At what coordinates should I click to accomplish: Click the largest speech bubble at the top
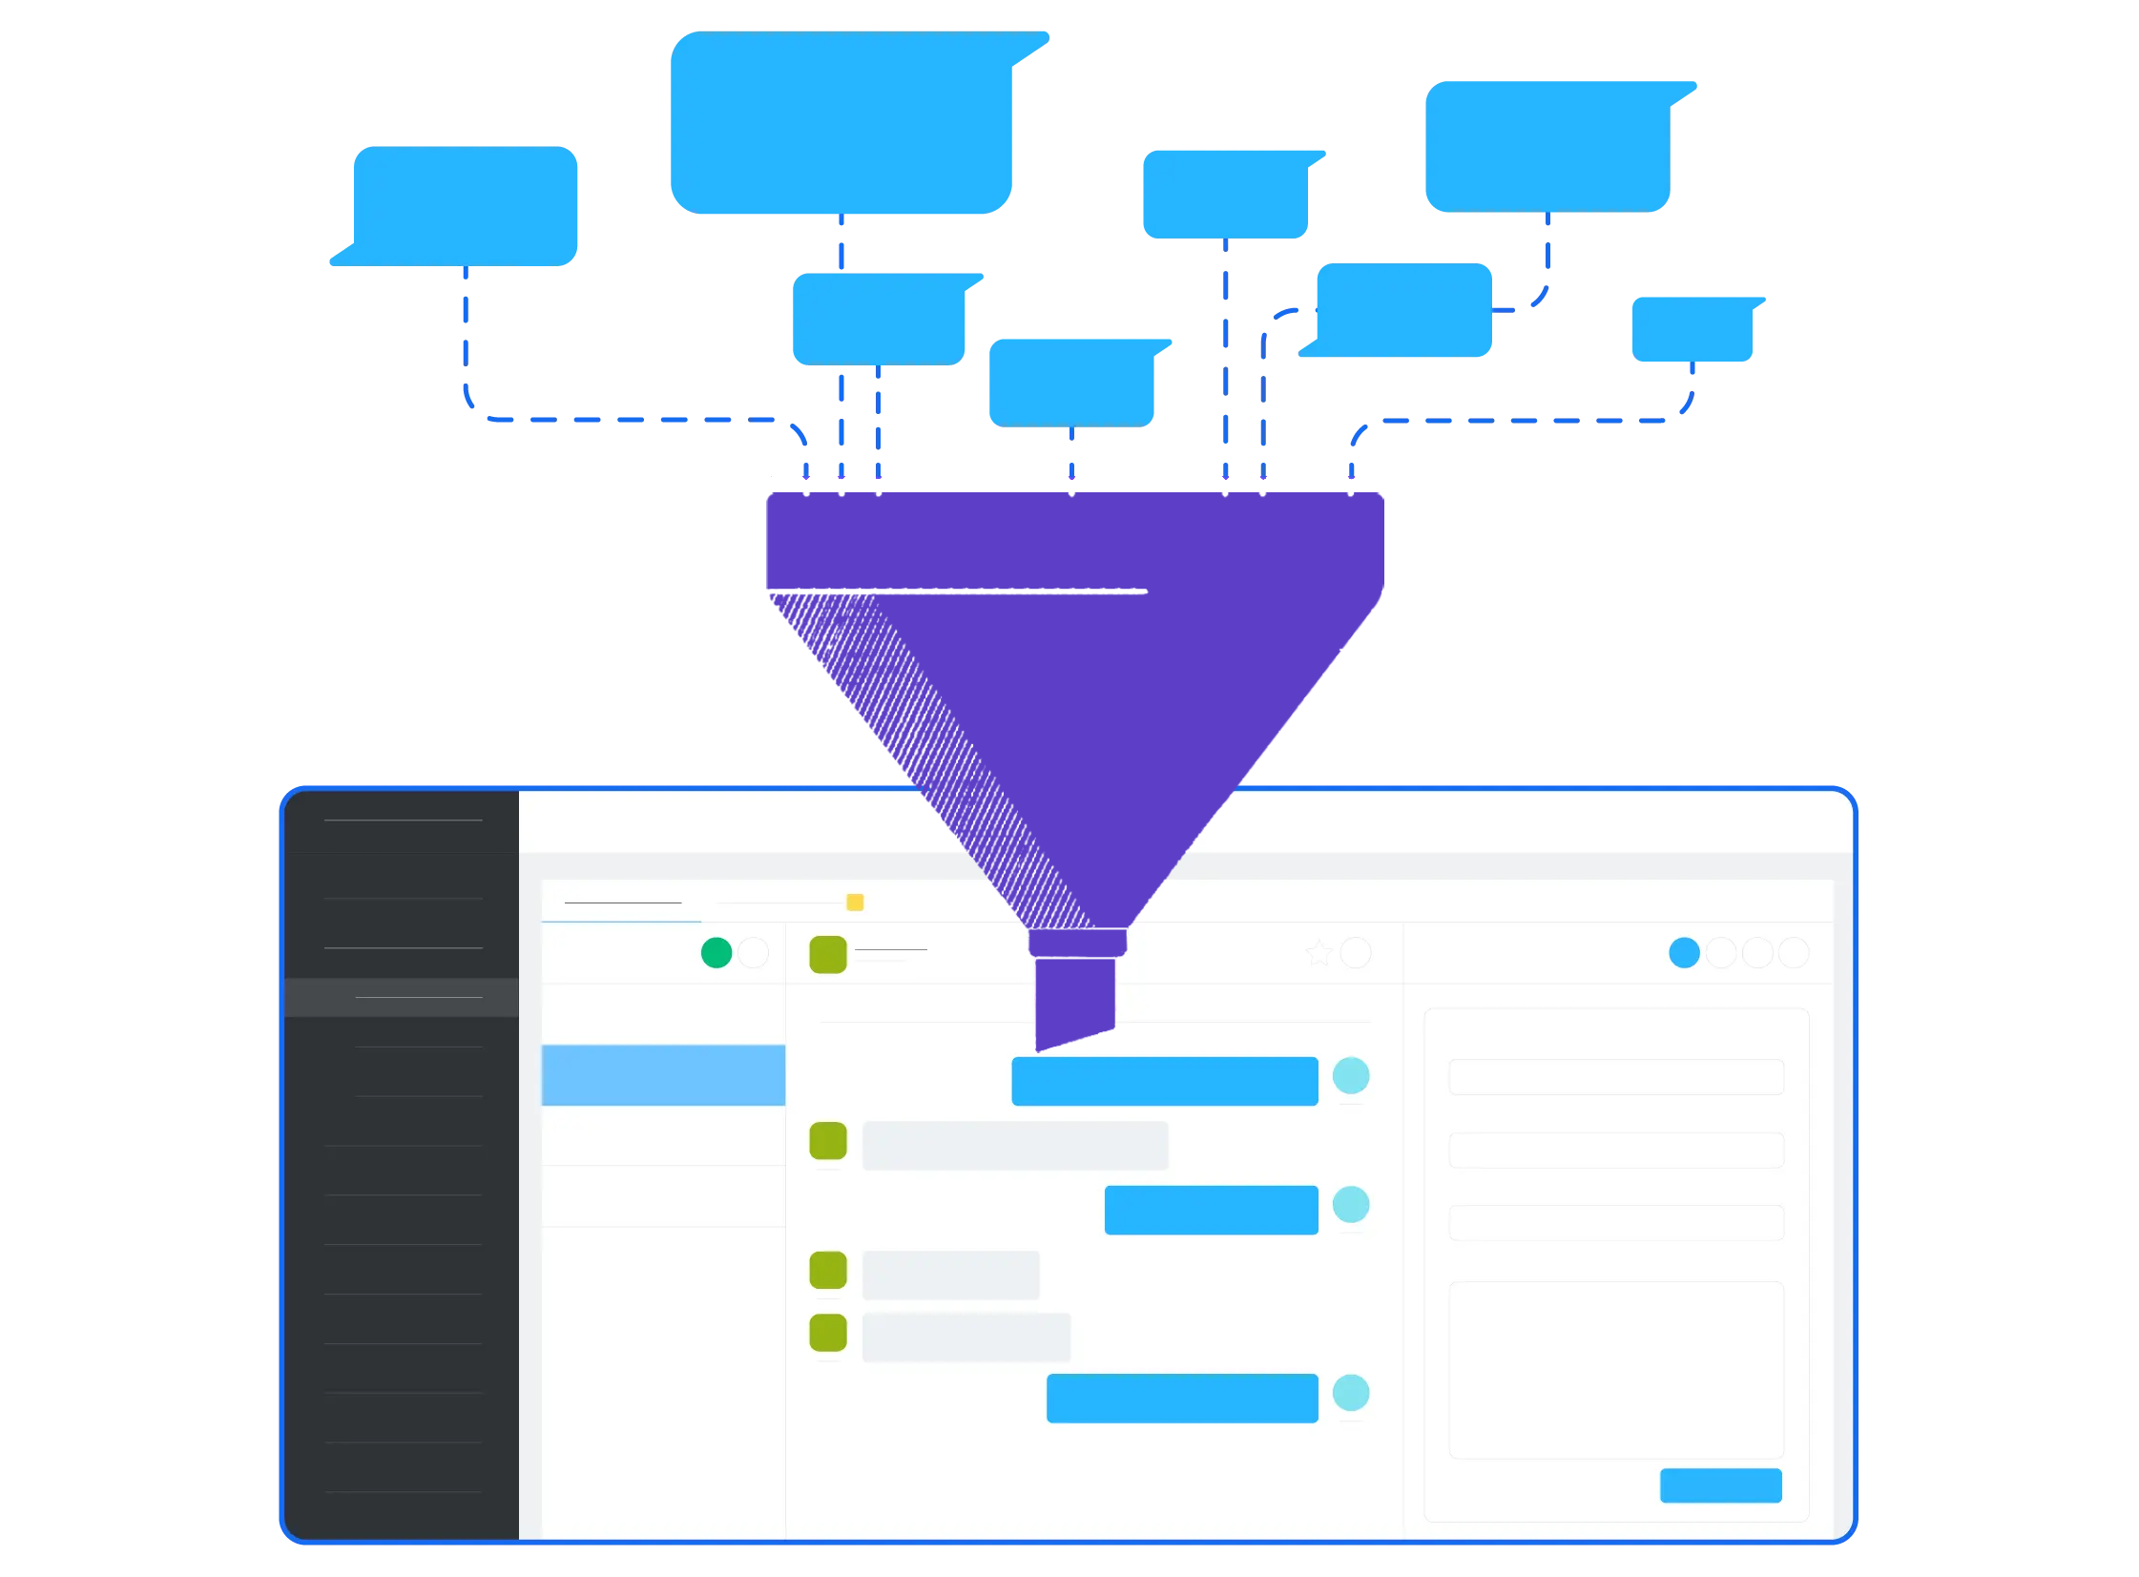click(841, 122)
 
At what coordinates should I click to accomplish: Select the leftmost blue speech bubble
click(465, 205)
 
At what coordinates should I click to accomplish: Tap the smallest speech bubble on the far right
click(1692, 329)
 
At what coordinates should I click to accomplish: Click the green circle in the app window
click(716, 953)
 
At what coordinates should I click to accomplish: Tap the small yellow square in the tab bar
click(855, 903)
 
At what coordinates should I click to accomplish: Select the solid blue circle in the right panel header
click(1684, 953)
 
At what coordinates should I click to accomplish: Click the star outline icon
click(1319, 953)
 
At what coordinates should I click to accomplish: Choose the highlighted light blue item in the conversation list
click(662, 1075)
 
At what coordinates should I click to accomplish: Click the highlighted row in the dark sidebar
click(402, 998)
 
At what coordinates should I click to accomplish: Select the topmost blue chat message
click(1165, 1081)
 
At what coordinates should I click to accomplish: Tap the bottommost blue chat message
click(1182, 1398)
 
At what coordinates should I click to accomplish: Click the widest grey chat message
click(1014, 1146)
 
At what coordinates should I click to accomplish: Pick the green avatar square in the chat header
click(827, 955)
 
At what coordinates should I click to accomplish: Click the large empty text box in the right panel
click(1616, 1369)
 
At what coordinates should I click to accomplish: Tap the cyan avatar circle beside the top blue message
click(1351, 1076)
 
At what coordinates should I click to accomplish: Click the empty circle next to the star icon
click(1356, 953)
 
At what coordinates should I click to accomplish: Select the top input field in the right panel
click(1616, 1077)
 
